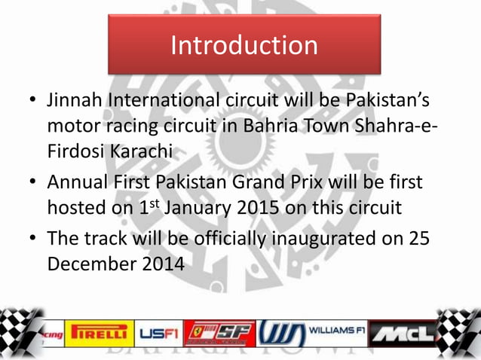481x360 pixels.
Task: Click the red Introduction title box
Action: (x=244, y=44)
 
